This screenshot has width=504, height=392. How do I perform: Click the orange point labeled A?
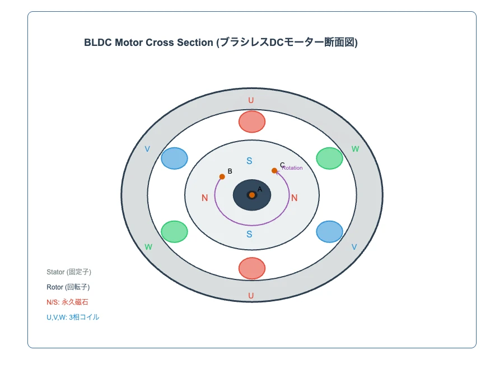click(x=252, y=195)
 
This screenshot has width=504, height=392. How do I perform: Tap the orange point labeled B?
click(x=222, y=176)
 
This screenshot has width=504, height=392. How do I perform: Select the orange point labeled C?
click(x=274, y=171)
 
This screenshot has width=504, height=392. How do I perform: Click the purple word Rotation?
click(x=293, y=168)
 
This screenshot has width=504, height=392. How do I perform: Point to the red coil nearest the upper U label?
click(x=252, y=122)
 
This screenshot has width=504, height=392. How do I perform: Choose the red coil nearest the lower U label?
click(x=252, y=268)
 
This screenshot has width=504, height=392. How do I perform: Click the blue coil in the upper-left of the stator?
click(x=174, y=158)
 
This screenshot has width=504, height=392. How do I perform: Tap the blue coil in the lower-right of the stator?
click(x=329, y=232)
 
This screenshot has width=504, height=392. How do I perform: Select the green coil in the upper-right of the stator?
click(x=329, y=158)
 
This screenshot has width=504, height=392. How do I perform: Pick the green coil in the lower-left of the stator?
click(x=174, y=232)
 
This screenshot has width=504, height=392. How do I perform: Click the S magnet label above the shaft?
click(x=250, y=161)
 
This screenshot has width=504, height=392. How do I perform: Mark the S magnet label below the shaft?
click(x=250, y=234)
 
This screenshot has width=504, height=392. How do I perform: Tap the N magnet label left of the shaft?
click(x=204, y=198)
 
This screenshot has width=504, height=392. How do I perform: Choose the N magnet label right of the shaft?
click(x=295, y=198)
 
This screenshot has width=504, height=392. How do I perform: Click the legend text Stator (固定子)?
click(x=69, y=272)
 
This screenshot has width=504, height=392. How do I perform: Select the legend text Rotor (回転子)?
click(x=68, y=287)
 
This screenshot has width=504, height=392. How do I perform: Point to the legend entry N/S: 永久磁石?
click(x=67, y=302)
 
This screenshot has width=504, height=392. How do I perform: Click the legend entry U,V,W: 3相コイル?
click(x=73, y=318)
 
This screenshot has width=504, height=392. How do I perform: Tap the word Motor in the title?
click(x=129, y=43)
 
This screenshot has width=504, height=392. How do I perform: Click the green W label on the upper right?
click(x=355, y=149)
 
